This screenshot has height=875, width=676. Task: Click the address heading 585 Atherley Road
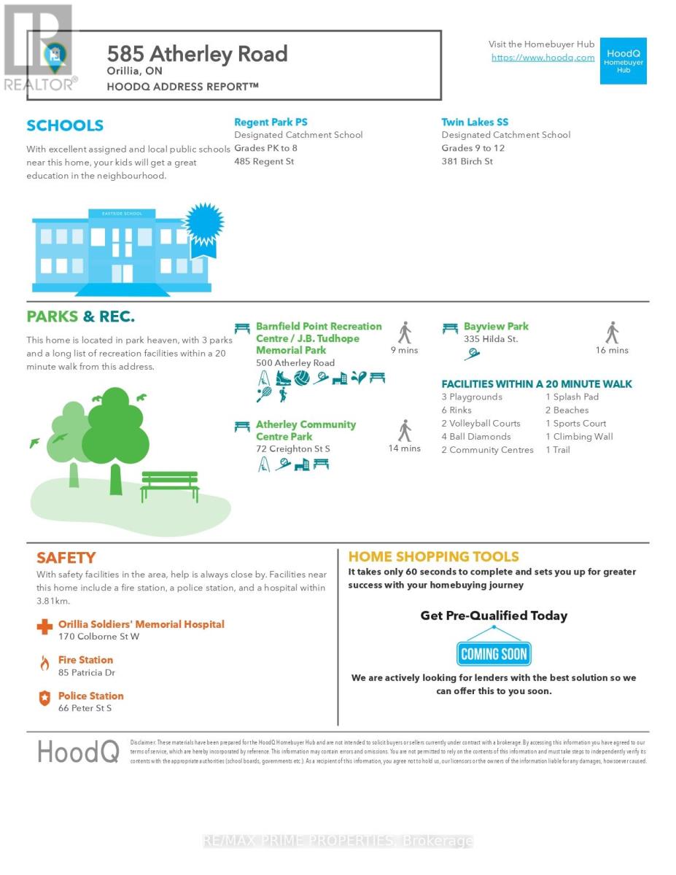[197, 54]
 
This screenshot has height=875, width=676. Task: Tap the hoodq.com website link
[543, 58]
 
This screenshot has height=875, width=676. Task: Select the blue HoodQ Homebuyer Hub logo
[623, 61]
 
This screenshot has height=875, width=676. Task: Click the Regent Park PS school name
[271, 122]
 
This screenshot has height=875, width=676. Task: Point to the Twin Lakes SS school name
[475, 122]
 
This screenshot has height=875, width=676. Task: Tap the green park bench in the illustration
[169, 485]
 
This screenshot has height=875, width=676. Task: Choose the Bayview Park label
[496, 326]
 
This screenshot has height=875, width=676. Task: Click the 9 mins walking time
[404, 350]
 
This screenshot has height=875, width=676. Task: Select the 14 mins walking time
[404, 448]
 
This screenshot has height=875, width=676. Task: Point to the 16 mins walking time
[612, 350]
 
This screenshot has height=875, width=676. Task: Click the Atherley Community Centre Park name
[306, 430]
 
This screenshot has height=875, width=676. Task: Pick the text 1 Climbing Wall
[579, 437]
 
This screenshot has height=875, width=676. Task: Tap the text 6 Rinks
[457, 410]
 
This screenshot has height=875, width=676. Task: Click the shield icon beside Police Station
[44, 699]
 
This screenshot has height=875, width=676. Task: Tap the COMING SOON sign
[494, 653]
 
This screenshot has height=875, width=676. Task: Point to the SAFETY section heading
[66, 558]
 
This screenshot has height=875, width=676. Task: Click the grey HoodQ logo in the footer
[78, 751]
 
